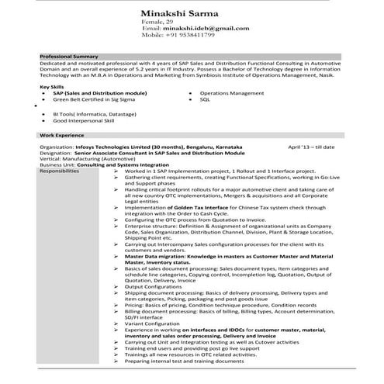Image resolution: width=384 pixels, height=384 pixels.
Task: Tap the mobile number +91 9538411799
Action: [189, 35]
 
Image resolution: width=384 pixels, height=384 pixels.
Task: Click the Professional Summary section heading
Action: [69, 57]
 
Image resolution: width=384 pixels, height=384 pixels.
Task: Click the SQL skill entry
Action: [205, 99]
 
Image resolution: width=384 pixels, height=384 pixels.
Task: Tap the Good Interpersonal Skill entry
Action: [83, 121]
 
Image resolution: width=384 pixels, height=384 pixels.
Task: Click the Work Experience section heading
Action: [61, 135]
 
